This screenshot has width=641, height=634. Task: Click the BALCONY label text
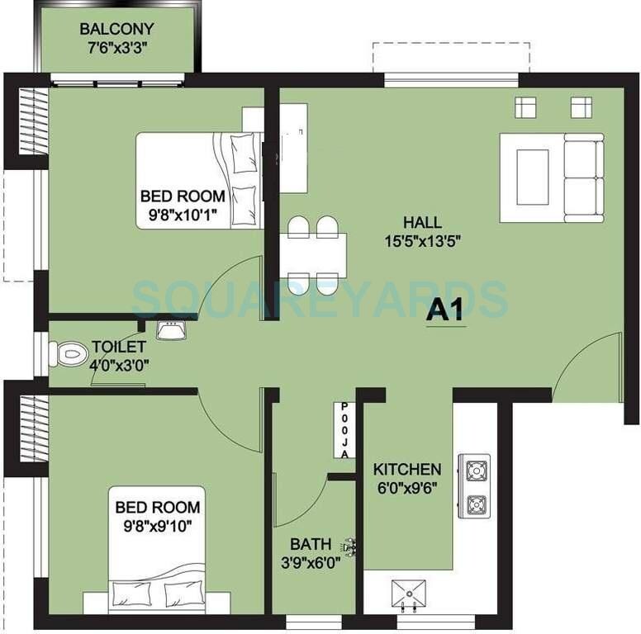pyautogui.click(x=116, y=30)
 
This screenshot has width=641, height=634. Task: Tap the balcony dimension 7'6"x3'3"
pyautogui.click(x=116, y=48)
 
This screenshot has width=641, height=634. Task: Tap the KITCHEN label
pyautogui.click(x=407, y=469)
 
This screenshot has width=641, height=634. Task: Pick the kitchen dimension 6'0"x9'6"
pyautogui.click(x=406, y=486)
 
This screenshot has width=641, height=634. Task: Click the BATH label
pyautogui.click(x=310, y=545)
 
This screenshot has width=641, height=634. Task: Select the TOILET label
pyautogui.click(x=119, y=347)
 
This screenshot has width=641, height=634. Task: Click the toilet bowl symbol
pyautogui.click(x=70, y=355)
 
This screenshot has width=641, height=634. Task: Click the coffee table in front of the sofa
pyautogui.click(x=532, y=177)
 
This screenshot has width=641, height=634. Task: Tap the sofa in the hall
pyautogui.click(x=582, y=177)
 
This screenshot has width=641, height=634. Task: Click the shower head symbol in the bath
pyautogui.click(x=349, y=546)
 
